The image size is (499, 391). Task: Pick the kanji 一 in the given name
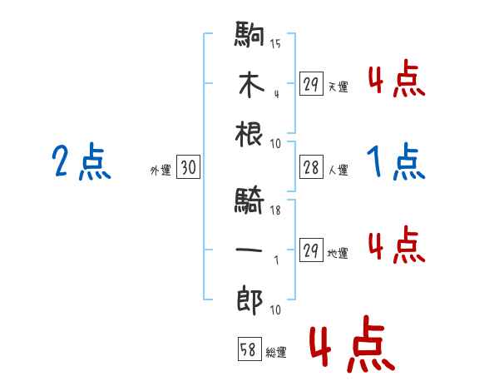[250, 250]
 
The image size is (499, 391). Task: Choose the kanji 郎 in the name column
[250, 297]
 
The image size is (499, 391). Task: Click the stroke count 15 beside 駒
[275, 44]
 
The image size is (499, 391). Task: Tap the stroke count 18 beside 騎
[275, 210]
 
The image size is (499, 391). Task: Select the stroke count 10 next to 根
[275, 143]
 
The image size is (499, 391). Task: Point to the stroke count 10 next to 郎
[275, 309]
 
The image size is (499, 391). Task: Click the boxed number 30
[188, 168]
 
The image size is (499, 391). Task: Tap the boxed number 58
[249, 350]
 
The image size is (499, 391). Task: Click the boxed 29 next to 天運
[312, 85]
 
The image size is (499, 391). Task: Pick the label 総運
[276, 353]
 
